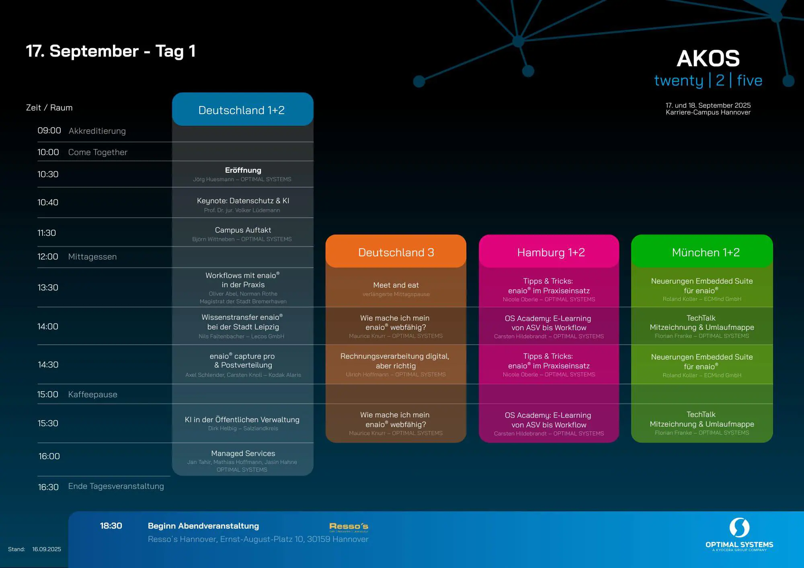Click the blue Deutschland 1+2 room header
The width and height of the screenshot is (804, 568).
click(242, 110)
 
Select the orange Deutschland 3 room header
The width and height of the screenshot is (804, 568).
click(396, 252)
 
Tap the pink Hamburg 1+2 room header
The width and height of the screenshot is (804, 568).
click(551, 252)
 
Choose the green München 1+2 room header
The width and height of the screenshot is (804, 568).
click(706, 252)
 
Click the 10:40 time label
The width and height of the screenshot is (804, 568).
click(48, 202)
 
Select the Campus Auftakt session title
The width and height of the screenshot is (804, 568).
click(243, 230)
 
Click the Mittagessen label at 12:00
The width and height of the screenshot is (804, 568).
click(92, 257)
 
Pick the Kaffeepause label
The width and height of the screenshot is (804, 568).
click(93, 394)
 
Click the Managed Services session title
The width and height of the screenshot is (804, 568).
click(243, 454)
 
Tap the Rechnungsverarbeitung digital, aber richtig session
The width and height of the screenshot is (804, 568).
click(395, 361)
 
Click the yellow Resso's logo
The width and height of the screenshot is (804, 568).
click(349, 527)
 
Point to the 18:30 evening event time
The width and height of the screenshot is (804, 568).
click(111, 526)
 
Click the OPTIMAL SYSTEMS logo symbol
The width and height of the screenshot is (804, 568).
click(739, 527)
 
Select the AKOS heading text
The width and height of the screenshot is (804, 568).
click(708, 59)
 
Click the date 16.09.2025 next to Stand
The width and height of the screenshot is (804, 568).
click(47, 549)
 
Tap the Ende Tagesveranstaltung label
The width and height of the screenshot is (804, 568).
click(116, 486)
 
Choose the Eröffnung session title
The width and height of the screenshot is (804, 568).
click(243, 170)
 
